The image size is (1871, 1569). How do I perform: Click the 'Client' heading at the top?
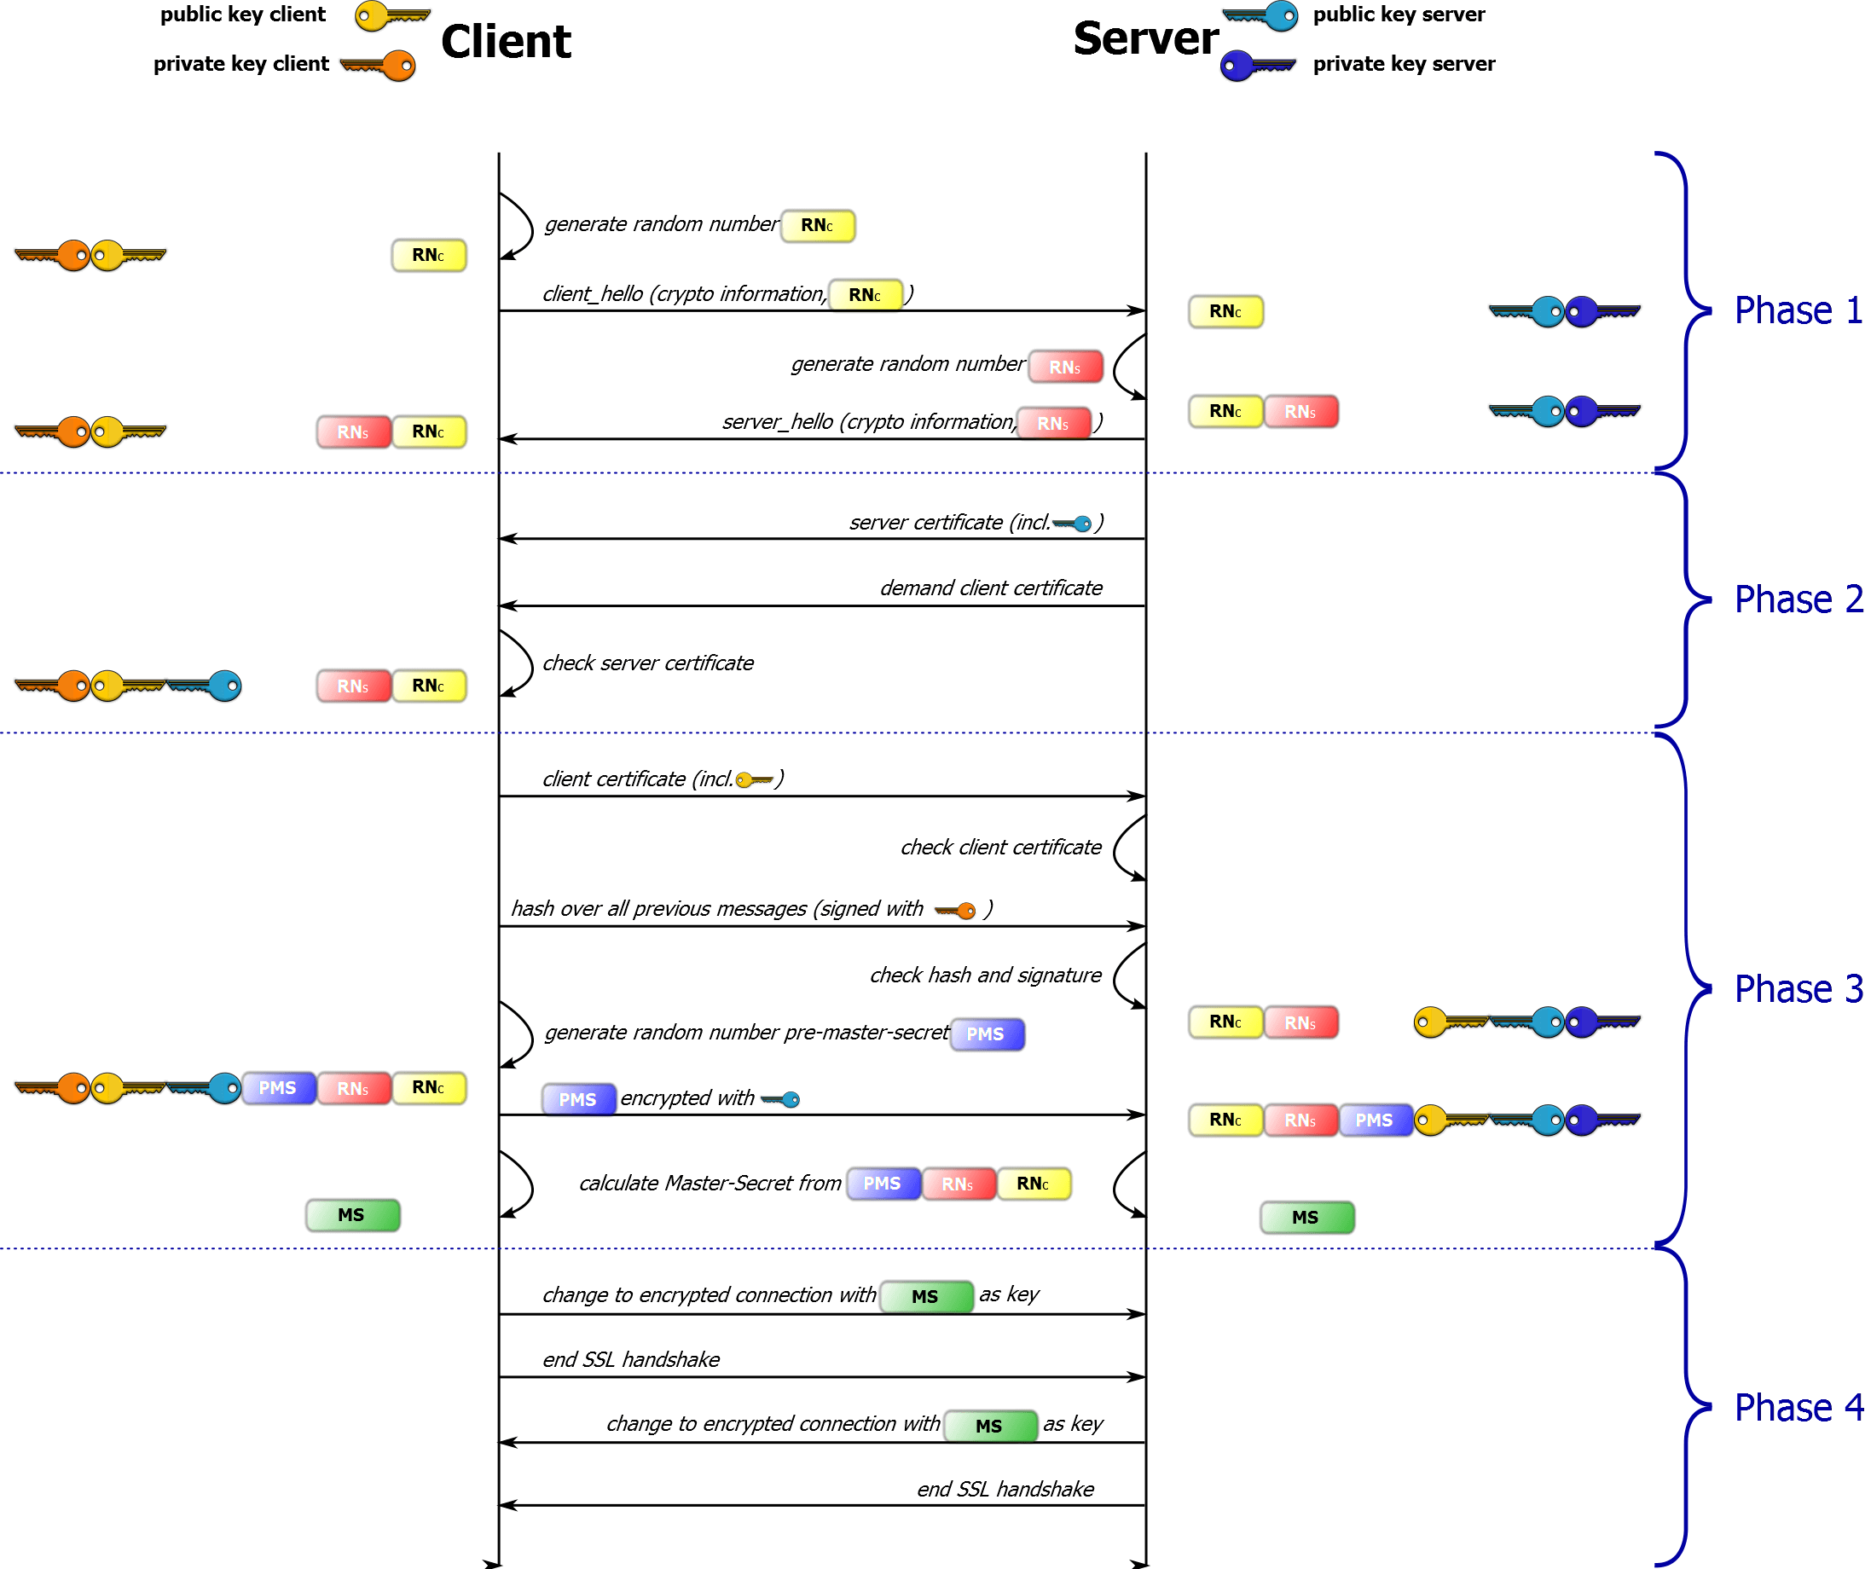(505, 41)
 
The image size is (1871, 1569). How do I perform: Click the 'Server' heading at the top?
(1145, 38)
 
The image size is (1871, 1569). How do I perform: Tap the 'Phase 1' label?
(1797, 311)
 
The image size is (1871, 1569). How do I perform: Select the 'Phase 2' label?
(1797, 599)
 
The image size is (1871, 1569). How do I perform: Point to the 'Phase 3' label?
(1797, 989)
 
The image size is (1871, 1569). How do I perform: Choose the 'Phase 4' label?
(1797, 1408)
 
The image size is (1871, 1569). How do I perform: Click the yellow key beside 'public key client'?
(391, 16)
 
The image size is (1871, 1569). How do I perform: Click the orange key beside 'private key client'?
(379, 65)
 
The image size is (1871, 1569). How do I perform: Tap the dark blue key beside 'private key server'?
(1256, 65)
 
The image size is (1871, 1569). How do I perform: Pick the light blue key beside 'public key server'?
(1261, 16)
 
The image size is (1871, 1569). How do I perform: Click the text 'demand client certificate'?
(991, 588)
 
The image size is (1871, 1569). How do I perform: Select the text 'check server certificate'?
(648, 663)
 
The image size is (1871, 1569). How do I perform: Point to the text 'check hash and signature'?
(986, 976)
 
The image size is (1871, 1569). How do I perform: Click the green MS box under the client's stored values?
(352, 1215)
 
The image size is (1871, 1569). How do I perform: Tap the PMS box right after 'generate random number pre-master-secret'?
(987, 1034)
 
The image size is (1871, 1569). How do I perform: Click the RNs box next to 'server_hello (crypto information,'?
(1053, 423)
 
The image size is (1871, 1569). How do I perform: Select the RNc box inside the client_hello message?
(864, 295)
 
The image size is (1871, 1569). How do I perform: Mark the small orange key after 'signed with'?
(955, 911)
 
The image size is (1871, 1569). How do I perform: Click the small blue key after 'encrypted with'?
(780, 1099)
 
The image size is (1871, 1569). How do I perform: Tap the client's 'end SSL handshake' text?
(631, 1359)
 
